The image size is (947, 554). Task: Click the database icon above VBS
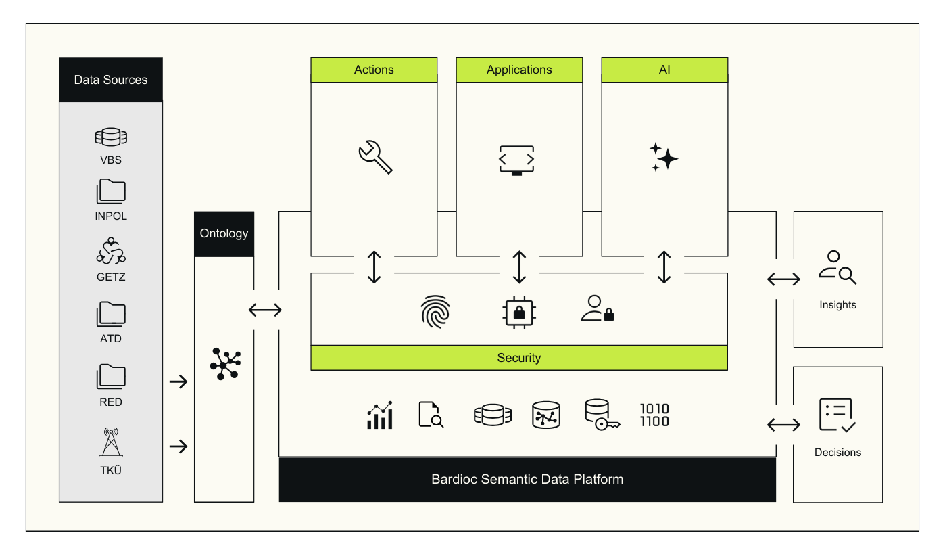pyautogui.click(x=111, y=137)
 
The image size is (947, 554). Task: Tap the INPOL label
pyautogui.click(x=111, y=216)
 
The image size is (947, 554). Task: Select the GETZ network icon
pyautogui.click(x=111, y=252)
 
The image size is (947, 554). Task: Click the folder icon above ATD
pyautogui.click(x=111, y=314)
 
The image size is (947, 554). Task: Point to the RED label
pyautogui.click(x=111, y=402)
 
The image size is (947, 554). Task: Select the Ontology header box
pyautogui.click(x=224, y=234)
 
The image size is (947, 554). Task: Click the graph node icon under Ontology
pyautogui.click(x=224, y=364)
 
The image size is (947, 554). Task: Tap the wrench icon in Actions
pyautogui.click(x=374, y=157)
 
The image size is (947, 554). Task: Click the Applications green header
pyautogui.click(x=519, y=70)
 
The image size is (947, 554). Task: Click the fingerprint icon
pyautogui.click(x=435, y=311)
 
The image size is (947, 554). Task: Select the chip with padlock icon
pyautogui.click(x=519, y=312)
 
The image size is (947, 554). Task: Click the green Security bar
pyautogui.click(x=519, y=358)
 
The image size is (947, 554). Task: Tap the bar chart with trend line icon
pyautogui.click(x=380, y=415)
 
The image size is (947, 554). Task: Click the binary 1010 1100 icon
pyautogui.click(x=654, y=415)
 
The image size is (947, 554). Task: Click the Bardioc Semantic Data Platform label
pyautogui.click(x=527, y=480)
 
